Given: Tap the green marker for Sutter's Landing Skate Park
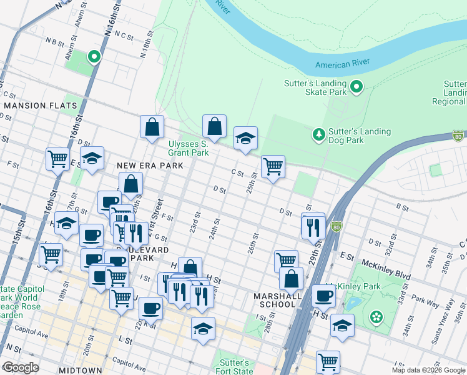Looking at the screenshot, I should click(356, 87).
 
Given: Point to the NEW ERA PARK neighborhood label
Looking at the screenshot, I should click(150, 166).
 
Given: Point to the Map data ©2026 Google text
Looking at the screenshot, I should click(428, 370).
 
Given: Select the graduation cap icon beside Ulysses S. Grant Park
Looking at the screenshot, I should click(245, 138).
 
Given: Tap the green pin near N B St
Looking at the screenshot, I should click(94, 57).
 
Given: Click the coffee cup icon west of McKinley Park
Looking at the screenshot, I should click(323, 296).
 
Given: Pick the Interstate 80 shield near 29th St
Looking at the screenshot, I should click(337, 226).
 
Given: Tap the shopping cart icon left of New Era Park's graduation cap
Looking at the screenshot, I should click(57, 159).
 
